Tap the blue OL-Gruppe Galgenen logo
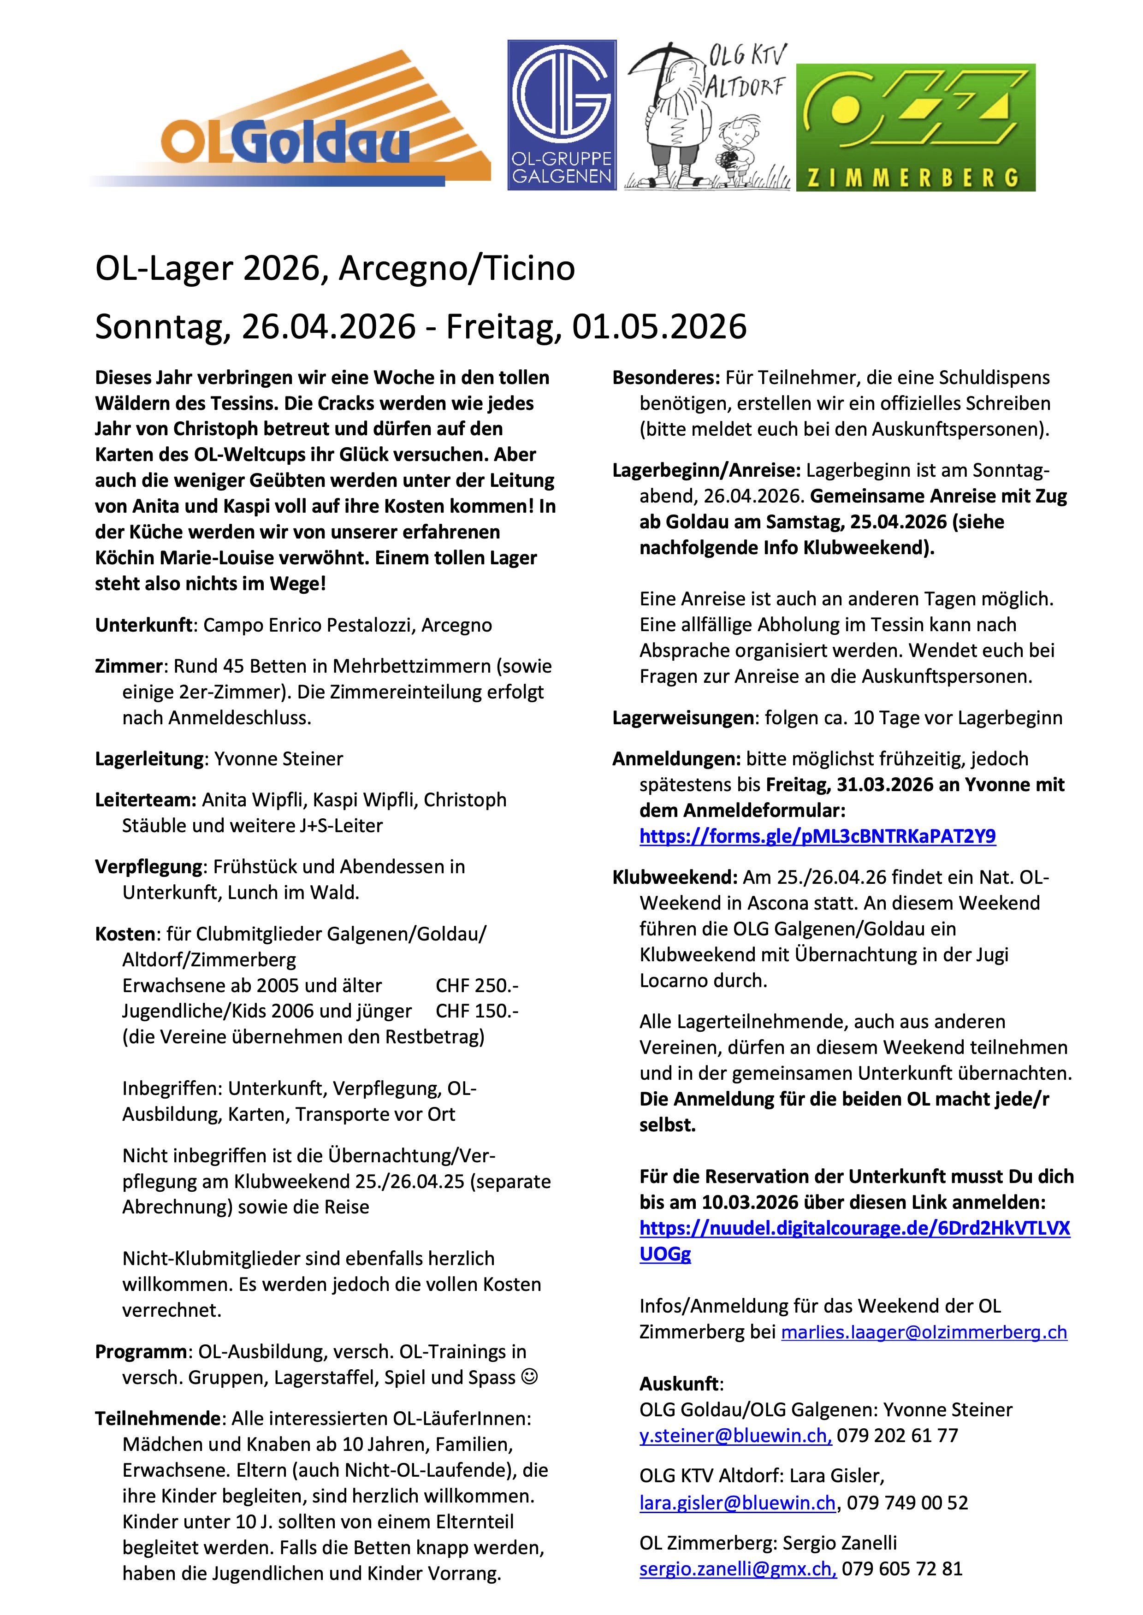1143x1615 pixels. click(x=562, y=115)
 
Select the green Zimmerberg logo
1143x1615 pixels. click(x=916, y=127)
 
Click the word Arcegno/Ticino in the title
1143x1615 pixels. click(x=457, y=269)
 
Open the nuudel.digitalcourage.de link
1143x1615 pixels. click(x=854, y=1229)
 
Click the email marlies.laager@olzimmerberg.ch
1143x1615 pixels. click(x=924, y=1332)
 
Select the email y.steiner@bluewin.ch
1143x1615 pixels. click(x=735, y=1436)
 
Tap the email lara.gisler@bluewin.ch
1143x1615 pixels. click(x=737, y=1503)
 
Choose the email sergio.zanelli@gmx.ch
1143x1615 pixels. click(x=738, y=1568)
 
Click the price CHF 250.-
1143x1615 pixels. click(x=476, y=985)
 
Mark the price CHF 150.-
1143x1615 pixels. click(x=476, y=1011)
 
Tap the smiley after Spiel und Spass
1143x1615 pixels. click(x=529, y=1377)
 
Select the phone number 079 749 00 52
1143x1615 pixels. click(x=907, y=1503)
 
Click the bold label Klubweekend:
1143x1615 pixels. click(x=674, y=877)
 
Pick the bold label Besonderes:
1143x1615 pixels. click(x=666, y=378)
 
